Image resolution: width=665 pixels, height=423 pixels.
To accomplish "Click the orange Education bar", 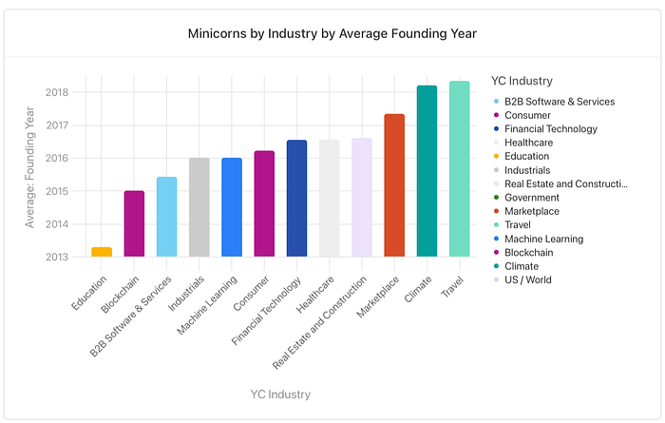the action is pos(102,252).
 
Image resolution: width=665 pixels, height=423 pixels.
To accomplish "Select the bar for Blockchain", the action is pos(134,223).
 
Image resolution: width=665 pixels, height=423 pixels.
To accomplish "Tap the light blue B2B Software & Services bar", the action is pos(166,217).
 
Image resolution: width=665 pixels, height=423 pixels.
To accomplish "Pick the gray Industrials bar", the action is pos(199,207).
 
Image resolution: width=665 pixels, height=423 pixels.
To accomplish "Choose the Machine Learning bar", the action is pos(232,207).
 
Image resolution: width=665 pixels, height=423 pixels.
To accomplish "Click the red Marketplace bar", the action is pos(394,185).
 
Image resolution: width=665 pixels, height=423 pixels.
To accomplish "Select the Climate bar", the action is pos(427,171).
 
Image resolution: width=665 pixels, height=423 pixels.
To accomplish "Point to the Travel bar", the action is pos(459,169).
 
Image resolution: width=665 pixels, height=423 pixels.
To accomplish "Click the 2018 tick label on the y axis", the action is pos(57,92).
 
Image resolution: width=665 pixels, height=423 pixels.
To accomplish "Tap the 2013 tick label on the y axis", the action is pos(57,257).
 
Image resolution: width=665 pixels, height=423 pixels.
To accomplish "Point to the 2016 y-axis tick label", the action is pos(57,158).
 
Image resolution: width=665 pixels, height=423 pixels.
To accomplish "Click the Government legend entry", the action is pos(526,198).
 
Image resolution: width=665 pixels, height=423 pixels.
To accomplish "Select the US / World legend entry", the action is pos(522,280).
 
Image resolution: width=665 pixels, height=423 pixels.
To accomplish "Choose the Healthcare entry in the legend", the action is pos(523,143).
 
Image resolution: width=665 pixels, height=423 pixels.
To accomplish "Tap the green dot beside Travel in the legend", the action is pos(496,225).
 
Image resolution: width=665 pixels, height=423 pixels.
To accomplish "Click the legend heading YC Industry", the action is pos(522,81).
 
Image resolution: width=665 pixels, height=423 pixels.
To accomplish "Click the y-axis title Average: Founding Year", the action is pos(29,167).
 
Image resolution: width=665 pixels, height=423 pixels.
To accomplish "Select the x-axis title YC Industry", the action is pos(280,394).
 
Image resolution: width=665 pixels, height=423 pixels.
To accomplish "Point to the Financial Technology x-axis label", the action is pos(266,311).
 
